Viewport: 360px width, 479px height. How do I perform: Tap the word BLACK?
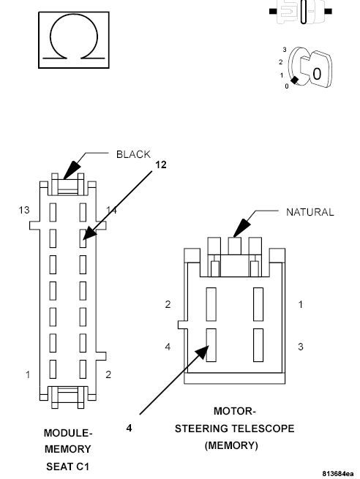pos(133,154)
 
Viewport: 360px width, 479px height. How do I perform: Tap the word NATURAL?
pos(310,212)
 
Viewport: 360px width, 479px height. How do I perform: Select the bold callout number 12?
pos(160,165)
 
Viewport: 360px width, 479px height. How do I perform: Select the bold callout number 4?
pos(129,428)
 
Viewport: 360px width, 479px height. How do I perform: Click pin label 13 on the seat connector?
pos(24,211)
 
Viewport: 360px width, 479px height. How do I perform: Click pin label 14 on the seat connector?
pos(111,211)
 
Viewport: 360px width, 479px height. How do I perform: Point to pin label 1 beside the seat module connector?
pos(28,375)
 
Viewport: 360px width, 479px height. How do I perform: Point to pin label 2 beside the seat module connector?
pos(109,375)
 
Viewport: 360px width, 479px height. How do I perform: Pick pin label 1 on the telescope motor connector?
pos(301,303)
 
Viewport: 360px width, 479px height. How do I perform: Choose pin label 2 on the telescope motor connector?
pos(168,303)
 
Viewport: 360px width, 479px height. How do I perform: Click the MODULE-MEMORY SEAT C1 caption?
pos(67,448)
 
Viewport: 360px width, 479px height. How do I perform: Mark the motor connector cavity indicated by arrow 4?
pos(211,344)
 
